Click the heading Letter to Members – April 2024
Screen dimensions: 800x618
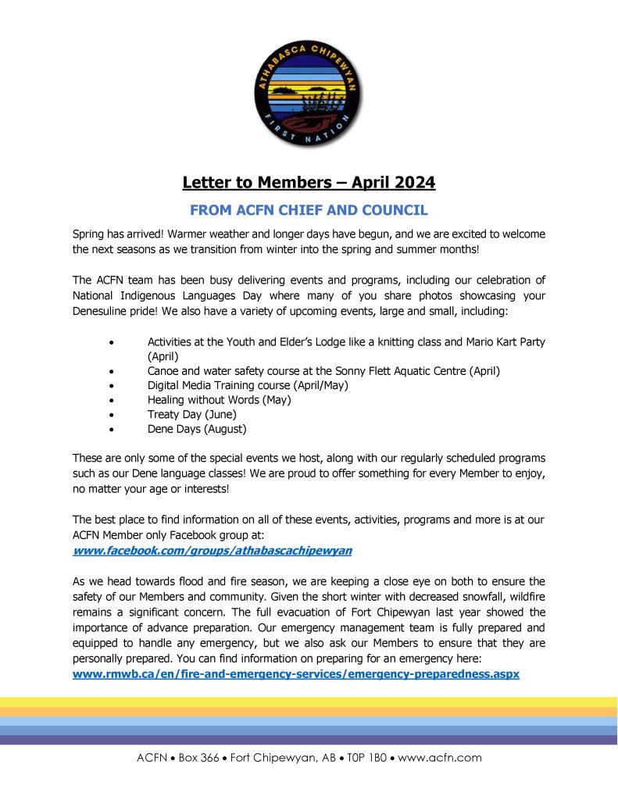click(309, 183)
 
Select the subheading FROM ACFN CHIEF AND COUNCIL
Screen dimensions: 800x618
click(309, 210)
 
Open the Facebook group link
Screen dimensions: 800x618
click(212, 550)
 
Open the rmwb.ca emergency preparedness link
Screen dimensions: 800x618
click(295, 673)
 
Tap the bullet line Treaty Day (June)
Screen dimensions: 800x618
click(191, 414)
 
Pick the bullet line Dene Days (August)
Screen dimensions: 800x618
click(197, 429)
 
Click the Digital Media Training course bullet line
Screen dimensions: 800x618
click(248, 384)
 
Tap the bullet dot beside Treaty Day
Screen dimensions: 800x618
click(115, 415)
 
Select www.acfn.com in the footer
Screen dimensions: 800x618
click(440, 757)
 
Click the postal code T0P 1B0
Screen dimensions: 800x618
click(359, 757)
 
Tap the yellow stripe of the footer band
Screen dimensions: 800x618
click(309, 702)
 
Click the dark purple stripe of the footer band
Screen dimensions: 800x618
click(309, 739)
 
